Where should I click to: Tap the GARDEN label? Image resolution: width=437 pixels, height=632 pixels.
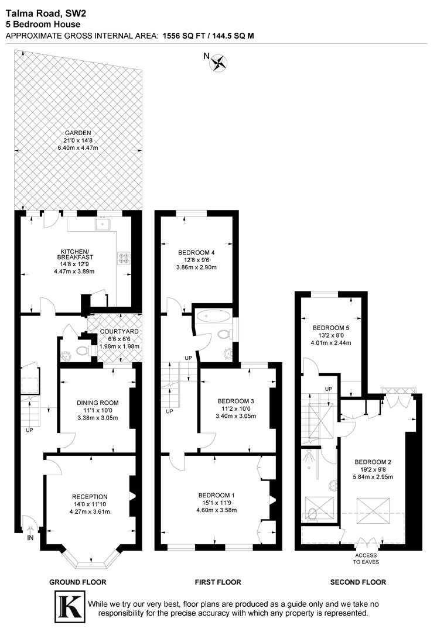tap(78, 133)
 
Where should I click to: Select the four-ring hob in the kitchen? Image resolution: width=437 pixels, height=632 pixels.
tap(124, 256)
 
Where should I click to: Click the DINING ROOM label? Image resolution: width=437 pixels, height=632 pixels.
tap(98, 403)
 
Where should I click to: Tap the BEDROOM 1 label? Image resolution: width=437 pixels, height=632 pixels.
tap(217, 494)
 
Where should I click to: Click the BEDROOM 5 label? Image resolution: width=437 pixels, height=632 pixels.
tap(330, 327)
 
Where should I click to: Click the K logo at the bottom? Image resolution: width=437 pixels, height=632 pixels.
tap(68, 607)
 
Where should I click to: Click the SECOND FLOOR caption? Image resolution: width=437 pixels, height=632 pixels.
tap(358, 582)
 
